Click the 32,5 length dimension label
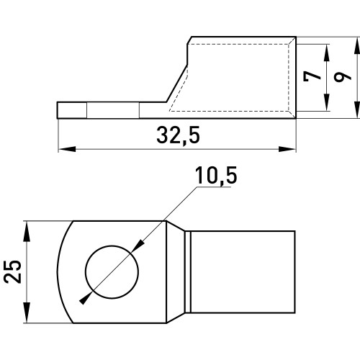click(178, 135)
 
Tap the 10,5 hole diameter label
click(216, 176)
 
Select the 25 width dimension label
click(13, 271)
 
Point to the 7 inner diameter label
click(312, 76)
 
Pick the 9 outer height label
click(343, 77)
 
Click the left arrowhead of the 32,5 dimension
click(67, 149)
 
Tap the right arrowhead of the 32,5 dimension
click(287, 149)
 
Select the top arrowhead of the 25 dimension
click(27, 231)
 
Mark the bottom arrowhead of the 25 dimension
click(27, 312)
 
